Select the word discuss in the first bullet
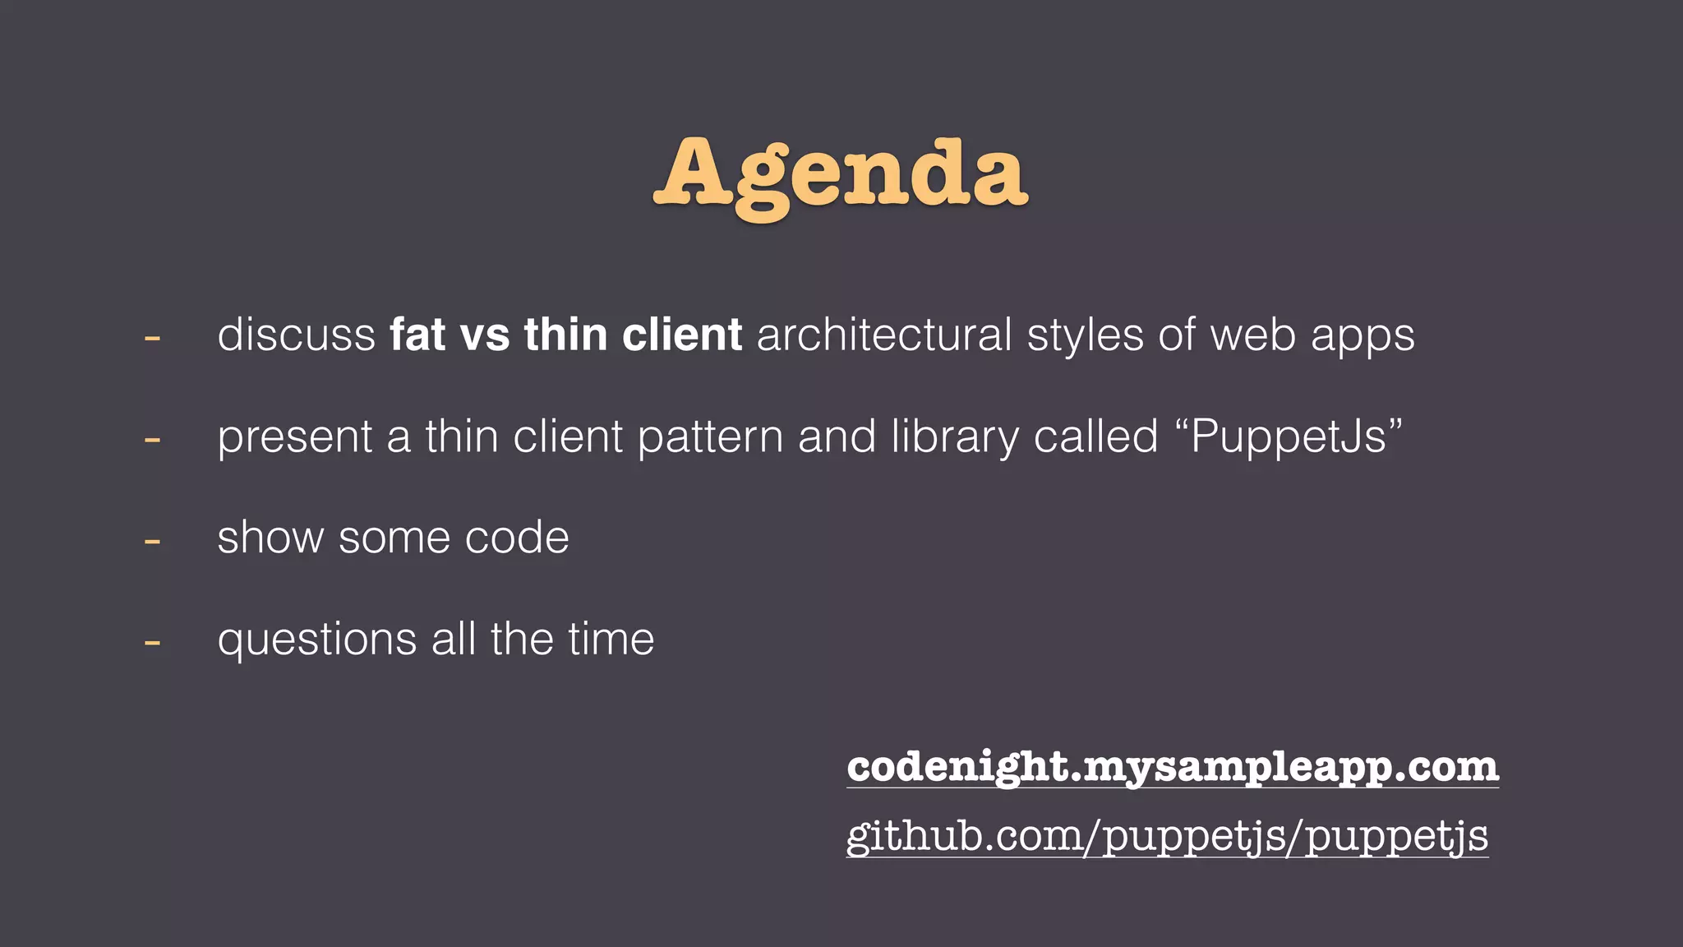296,335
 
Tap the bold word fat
417,335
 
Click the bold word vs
485,336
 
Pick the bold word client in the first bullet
682,335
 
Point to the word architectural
883,335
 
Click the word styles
1085,336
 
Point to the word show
270,538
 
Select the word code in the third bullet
516,538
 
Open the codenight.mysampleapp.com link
1173,767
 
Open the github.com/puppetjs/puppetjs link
1167,837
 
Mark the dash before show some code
152,541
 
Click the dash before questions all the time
152,642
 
